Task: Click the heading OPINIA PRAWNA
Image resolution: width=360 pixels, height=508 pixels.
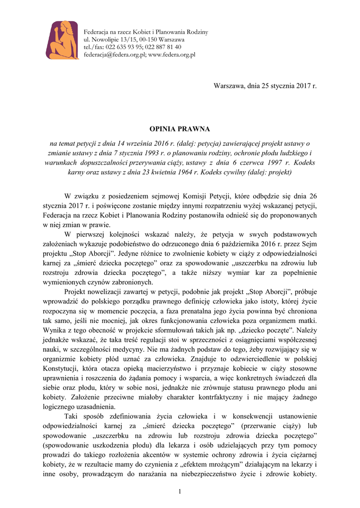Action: point(180,129)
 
